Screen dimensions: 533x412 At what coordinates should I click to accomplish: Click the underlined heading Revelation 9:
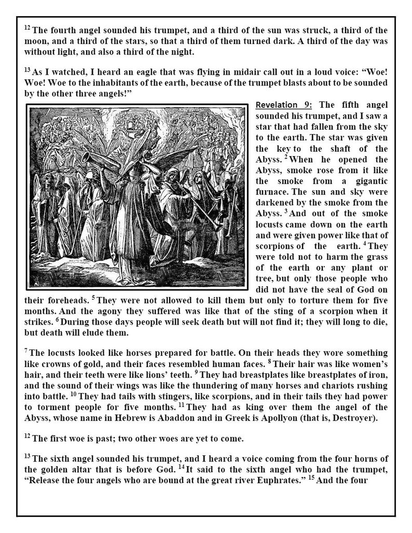(283, 106)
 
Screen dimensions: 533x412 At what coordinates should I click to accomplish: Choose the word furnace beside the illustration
(272, 193)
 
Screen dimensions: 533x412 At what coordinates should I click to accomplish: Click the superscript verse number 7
(26, 351)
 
